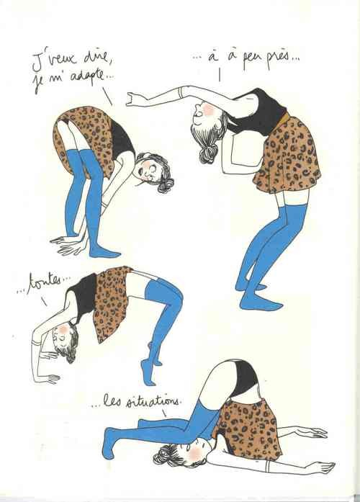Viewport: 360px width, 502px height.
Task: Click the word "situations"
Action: coord(153,400)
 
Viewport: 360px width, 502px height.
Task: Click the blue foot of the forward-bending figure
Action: coord(104,252)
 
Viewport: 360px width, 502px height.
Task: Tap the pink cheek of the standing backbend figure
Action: coord(208,109)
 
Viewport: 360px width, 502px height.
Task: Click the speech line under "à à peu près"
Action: coord(220,75)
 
